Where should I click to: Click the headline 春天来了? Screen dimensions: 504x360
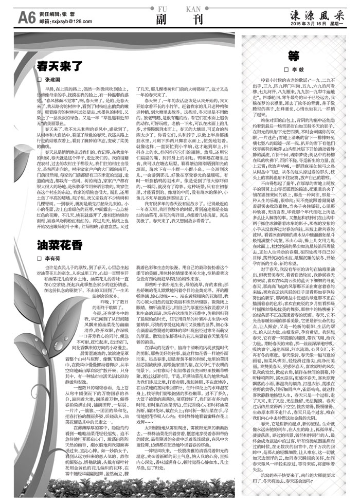(57, 66)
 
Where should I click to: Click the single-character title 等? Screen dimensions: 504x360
(294, 56)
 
